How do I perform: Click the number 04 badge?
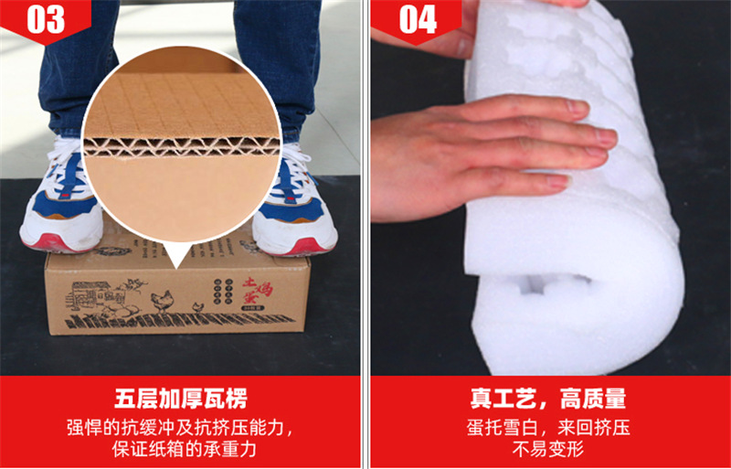[417, 19]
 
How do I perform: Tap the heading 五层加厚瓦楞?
[181, 400]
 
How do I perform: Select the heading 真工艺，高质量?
[548, 400]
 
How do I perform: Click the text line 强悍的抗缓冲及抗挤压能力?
[181, 427]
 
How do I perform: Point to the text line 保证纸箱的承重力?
[181, 449]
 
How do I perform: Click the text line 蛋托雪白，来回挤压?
[548, 427]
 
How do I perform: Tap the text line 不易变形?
[548, 449]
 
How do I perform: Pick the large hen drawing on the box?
[162, 299]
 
